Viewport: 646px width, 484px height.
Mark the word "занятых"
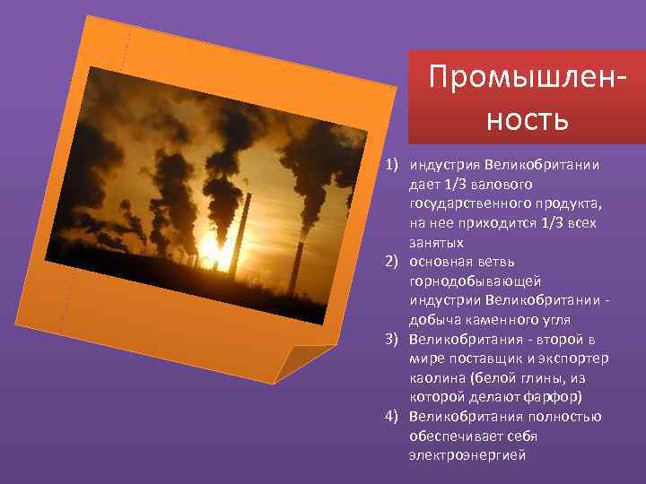437,242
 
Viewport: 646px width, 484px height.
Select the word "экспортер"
576,359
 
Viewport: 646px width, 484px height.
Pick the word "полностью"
569,417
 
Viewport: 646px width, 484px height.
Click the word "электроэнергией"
467,455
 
